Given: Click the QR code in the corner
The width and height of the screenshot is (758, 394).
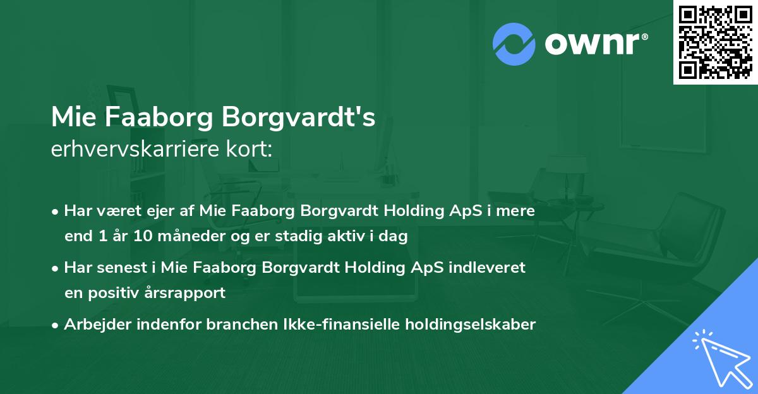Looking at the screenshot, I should (x=715, y=42).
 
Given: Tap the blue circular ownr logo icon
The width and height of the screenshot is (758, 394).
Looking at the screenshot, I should (x=514, y=44).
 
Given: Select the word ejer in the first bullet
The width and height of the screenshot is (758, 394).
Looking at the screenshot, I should (x=145, y=212).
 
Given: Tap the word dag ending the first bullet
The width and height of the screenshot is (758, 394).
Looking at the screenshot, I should (x=396, y=237).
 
